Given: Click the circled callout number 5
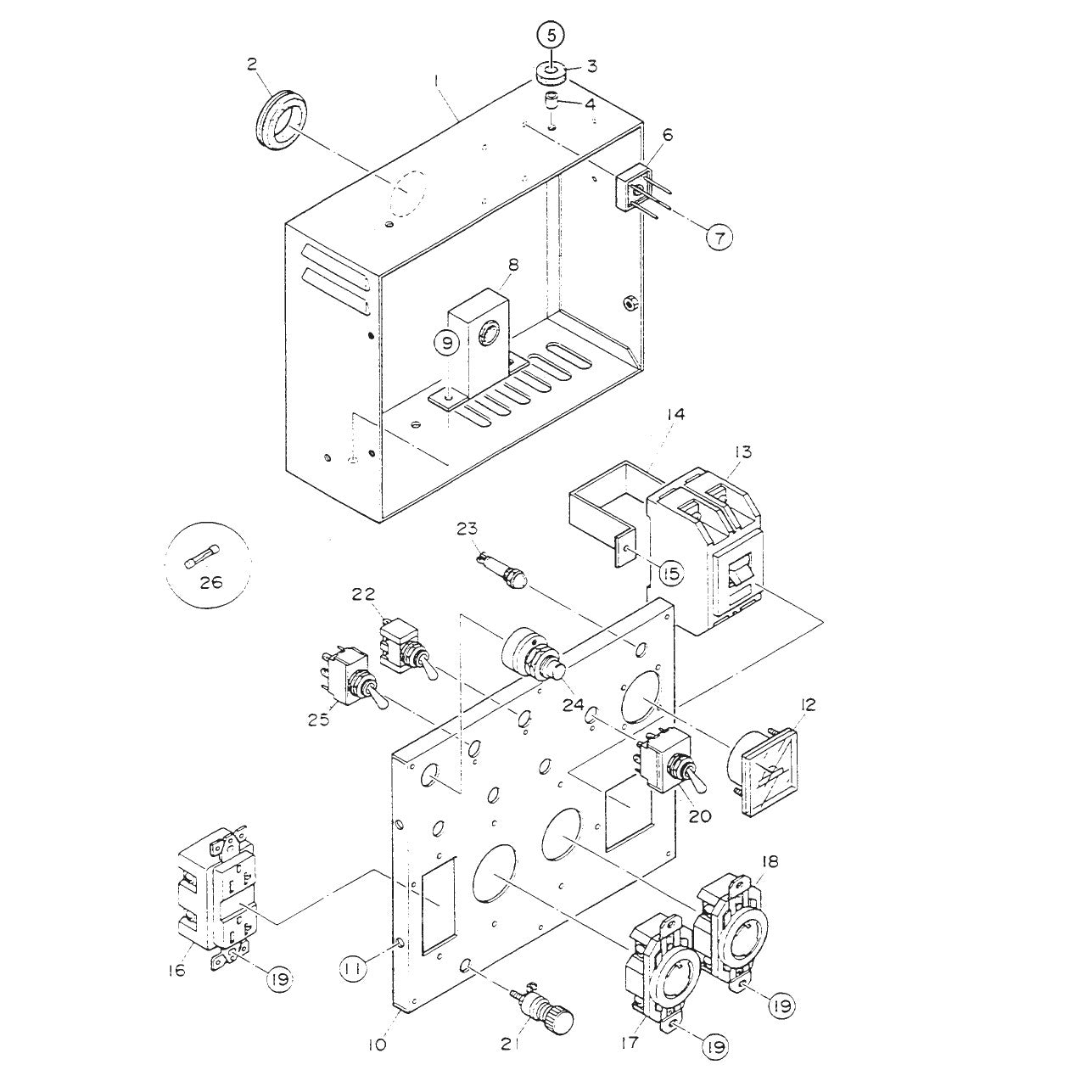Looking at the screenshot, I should click(551, 36).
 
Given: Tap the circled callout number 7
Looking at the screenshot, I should click(719, 238).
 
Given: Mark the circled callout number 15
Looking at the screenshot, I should click(670, 574).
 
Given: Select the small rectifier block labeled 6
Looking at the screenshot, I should click(635, 188).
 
